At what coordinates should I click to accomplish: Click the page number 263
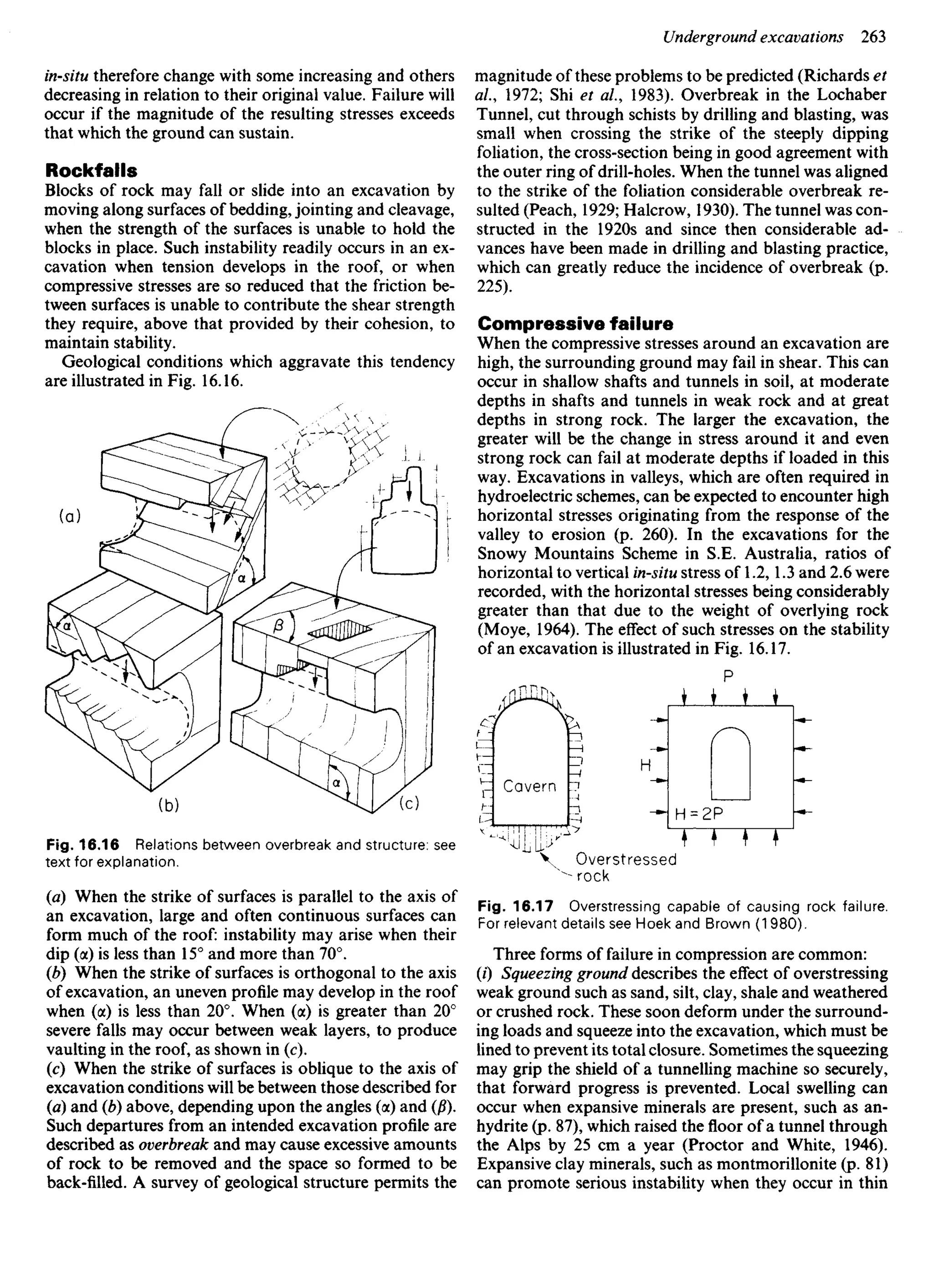tap(873, 37)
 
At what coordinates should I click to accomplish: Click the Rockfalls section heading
tap(91, 170)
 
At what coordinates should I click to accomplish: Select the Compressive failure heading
tap(575, 323)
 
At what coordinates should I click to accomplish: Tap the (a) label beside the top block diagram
tap(70, 516)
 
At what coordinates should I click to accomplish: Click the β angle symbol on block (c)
tap(277, 626)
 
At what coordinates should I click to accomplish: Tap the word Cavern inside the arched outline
tap(529, 786)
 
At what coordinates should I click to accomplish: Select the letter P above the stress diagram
tap(728, 676)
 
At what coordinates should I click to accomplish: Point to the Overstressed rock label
tap(624, 867)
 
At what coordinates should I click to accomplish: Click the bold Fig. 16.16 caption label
tap(82, 845)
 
